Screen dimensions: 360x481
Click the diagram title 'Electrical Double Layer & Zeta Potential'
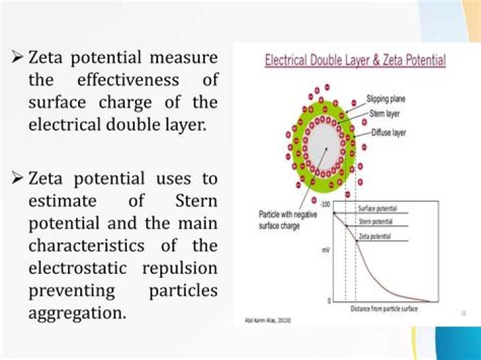coord(355,60)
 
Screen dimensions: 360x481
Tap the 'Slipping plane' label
coord(385,99)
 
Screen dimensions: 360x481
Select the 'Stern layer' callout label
coord(385,114)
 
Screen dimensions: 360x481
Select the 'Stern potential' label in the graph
coord(375,221)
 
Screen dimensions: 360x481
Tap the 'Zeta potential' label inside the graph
coord(375,236)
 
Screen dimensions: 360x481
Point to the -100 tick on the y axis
coord(325,204)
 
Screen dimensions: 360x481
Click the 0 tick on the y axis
coord(328,301)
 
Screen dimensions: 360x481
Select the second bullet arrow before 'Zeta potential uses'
coord(18,179)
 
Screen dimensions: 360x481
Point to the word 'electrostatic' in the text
coord(80,268)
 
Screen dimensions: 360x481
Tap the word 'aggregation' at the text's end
coord(76,313)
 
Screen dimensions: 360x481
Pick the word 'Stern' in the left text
coord(196,201)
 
